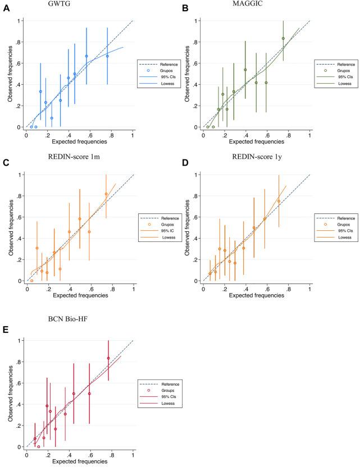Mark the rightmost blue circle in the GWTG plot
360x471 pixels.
tap(107, 56)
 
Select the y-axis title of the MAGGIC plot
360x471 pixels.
tap(187, 74)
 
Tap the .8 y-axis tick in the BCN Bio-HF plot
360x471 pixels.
tap(19, 362)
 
